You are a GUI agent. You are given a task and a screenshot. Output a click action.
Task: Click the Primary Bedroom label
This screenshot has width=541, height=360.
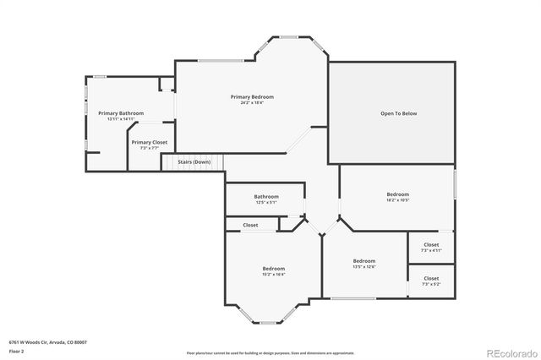[x=252, y=97]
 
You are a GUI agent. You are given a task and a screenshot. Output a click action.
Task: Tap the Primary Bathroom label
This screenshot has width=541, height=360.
[x=121, y=113]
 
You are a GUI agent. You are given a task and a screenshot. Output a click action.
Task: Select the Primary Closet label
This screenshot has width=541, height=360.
[x=149, y=143]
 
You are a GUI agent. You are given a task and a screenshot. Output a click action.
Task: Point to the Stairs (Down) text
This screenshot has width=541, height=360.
[x=194, y=161]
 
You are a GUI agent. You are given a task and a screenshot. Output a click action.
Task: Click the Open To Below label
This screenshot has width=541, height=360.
[x=398, y=113]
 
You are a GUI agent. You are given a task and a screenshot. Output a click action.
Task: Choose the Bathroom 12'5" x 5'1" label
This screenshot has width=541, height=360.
[x=266, y=197]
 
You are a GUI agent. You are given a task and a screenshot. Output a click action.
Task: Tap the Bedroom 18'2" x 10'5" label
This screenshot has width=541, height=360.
[x=397, y=194]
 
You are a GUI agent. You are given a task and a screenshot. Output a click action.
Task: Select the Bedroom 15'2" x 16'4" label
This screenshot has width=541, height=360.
[x=273, y=268]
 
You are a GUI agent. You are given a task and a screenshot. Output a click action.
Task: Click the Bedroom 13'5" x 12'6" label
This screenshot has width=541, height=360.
[x=364, y=261]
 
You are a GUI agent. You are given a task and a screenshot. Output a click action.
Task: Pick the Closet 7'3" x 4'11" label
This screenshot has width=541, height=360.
[x=431, y=245]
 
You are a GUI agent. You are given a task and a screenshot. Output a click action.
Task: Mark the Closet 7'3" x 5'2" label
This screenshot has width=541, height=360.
[x=431, y=278]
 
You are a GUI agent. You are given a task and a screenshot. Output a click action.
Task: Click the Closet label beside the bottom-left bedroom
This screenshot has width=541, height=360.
[x=250, y=225]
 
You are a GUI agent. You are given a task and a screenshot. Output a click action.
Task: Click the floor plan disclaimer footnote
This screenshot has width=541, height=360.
[x=270, y=352]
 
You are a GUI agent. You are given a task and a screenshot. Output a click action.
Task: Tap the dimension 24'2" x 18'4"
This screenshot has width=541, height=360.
[x=252, y=103]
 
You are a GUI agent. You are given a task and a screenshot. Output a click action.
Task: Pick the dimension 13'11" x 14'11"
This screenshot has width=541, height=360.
[x=121, y=119]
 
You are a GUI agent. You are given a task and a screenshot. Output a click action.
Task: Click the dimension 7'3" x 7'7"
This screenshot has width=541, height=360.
[x=149, y=148]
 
